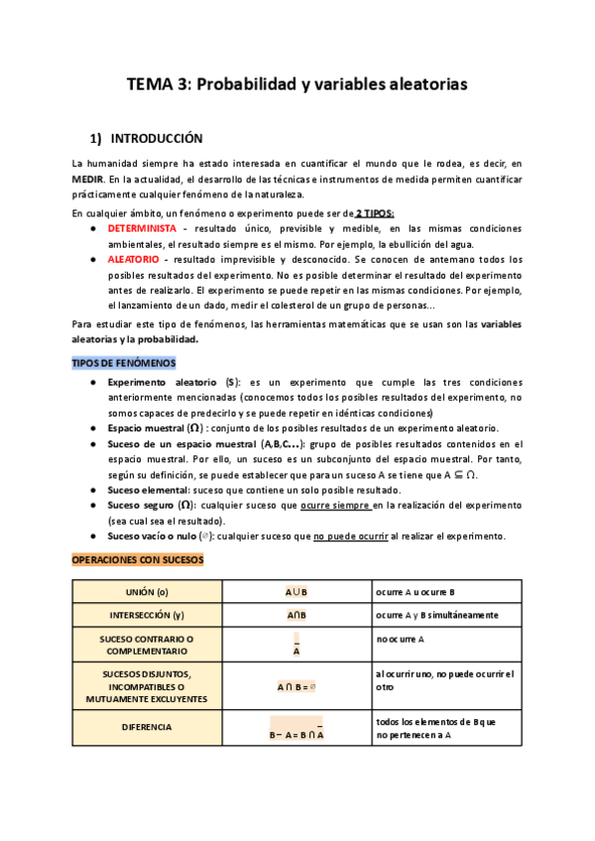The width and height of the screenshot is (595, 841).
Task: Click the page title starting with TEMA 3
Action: click(297, 85)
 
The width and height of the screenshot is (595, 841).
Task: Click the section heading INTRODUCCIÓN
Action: click(156, 139)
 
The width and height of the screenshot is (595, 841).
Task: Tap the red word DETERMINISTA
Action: click(142, 228)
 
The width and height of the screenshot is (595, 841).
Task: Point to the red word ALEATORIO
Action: click(134, 259)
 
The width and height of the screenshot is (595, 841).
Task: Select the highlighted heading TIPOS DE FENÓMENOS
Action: click(123, 363)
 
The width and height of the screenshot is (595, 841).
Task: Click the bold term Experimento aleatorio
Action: click(164, 382)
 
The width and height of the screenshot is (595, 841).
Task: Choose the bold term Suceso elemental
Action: click(148, 489)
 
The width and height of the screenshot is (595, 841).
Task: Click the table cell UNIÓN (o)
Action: click(148, 592)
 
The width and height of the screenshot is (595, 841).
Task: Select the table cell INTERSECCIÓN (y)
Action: click(148, 616)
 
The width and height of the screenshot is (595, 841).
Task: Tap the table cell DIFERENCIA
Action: click(148, 727)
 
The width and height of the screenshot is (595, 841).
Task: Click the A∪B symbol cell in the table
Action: click(297, 592)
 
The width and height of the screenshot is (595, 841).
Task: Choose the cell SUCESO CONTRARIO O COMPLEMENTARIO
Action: click(148, 646)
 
